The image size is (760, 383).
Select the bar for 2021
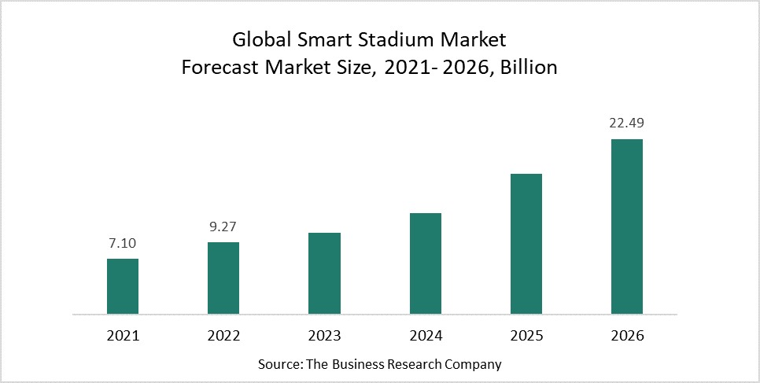(123, 286)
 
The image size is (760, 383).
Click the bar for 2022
(223, 278)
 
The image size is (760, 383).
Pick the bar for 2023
(324, 274)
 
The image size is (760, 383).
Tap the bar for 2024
(426, 263)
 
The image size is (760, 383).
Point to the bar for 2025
(526, 244)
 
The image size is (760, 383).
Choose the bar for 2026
(627, 226)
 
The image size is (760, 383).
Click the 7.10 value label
(123, 244)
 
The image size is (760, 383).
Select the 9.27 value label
(223, 227)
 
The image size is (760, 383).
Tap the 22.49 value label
(627, 123)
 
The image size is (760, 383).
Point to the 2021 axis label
(123, 336)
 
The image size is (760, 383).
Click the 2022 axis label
(223, 336)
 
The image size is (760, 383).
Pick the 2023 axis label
(324, 336)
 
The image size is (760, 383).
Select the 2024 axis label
(426, 336)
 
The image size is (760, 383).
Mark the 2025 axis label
(526, 336)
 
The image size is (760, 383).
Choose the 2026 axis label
(627, 336)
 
